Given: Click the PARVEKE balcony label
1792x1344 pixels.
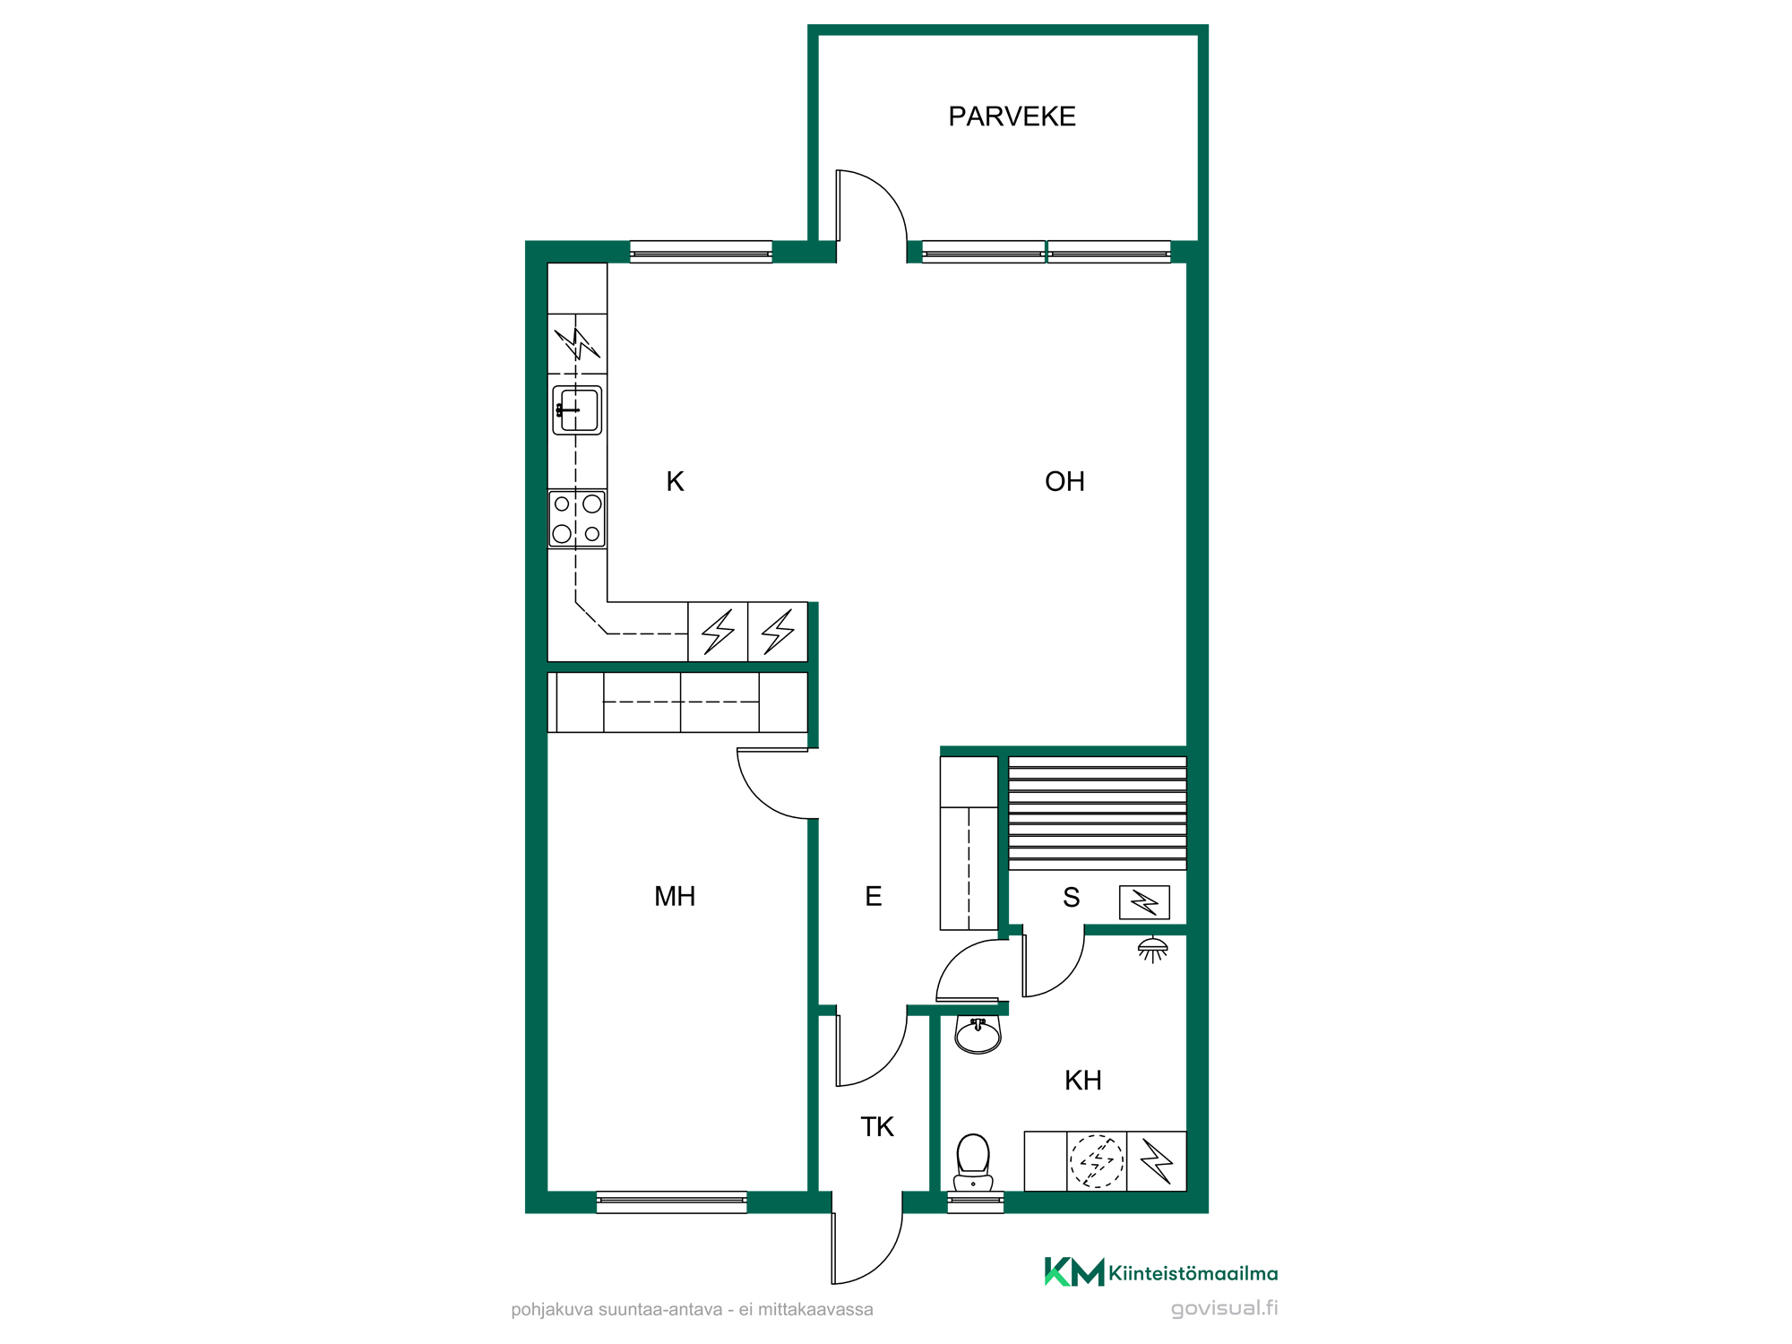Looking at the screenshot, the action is tap(1012, 116).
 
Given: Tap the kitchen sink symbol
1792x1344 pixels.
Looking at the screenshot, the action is tap(577, 410).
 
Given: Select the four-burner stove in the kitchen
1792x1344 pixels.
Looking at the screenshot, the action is tap(577, 519).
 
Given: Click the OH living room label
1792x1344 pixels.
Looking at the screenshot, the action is tap(1064, 482).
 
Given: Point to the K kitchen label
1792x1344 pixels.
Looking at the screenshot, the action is tap(675, 482).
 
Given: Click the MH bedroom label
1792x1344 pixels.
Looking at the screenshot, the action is tap(675, 896).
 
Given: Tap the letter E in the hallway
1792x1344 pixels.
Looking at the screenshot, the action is tap(874, 896).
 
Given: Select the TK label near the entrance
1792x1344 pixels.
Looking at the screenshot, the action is tap(877, 1127).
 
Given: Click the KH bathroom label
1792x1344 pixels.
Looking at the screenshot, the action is tap(1083, 1081).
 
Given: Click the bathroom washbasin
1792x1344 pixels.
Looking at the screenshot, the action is tap(978, 1035).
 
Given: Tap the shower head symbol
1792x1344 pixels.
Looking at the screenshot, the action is tap(1152, 950).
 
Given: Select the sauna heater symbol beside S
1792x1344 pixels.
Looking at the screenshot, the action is tap(1144, 902).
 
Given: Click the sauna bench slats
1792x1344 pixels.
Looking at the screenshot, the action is tap(1098, 813).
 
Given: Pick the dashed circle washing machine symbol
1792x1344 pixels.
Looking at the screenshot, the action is tap(1097, 1161).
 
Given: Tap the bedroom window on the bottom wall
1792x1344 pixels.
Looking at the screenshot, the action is tap(672, 1202).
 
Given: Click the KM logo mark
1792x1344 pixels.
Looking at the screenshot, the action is tap(1073, 1271).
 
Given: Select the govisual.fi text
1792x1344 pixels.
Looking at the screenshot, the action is tap(1224, 1308).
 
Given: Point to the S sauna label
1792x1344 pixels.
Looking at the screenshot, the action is tap(1071, 897).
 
